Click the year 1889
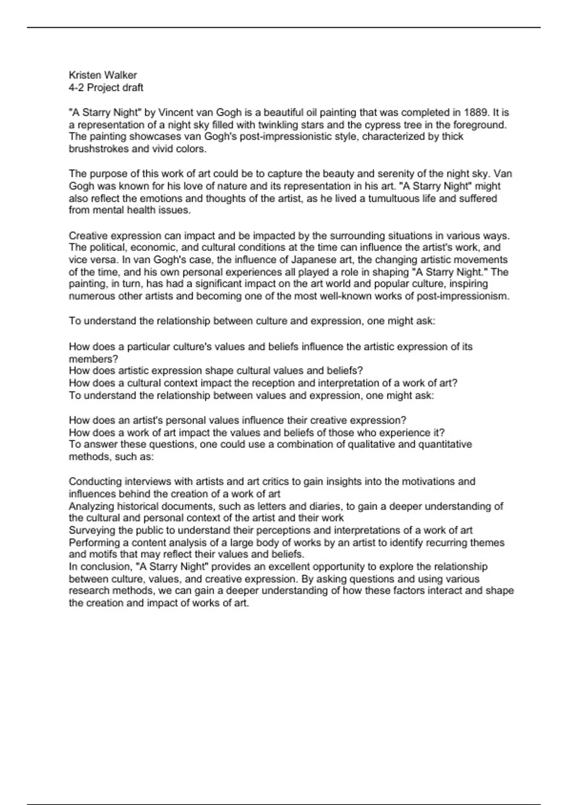[x=475, y=113]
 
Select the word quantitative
[x=439, y=445]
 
